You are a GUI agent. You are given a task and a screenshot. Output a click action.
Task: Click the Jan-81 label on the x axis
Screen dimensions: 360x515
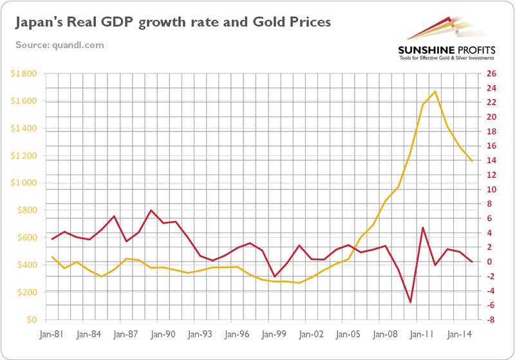tap(50, 335)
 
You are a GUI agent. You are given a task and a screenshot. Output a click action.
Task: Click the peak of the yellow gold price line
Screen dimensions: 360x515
tap(435, 91)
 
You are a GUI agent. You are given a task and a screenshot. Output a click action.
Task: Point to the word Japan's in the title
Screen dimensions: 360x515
tap(39, 23)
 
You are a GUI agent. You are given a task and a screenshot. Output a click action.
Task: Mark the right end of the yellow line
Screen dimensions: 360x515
tap(472, 160)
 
